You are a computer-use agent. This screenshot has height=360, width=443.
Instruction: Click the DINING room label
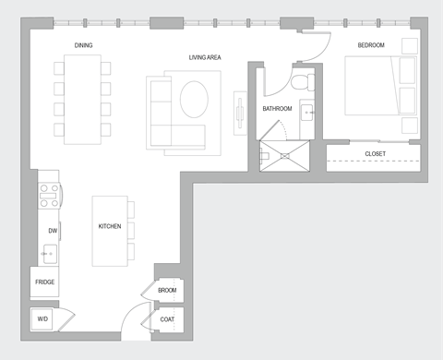(83, 44)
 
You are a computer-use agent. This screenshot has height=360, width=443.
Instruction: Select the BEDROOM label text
(371, 44)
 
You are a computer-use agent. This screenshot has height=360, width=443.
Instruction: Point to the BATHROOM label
(277, 109)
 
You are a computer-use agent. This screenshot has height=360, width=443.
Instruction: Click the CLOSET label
(375, 153)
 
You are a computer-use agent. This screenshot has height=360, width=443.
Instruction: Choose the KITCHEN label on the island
(110, 226)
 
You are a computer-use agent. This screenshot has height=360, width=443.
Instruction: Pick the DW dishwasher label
(53, 231)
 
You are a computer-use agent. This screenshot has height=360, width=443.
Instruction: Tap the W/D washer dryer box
(42, 319)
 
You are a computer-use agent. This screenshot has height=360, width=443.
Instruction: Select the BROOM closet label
(167, 291)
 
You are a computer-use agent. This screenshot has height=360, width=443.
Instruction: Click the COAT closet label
(167, 320)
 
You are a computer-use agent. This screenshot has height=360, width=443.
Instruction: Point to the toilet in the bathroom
(298, 83)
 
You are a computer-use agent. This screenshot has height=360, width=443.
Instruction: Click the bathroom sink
(308, 114)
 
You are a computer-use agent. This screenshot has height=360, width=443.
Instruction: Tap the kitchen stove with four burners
(48, 196)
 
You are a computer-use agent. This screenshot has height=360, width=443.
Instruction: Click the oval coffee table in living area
(195, 100)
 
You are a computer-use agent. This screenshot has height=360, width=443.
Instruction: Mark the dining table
(82, 99)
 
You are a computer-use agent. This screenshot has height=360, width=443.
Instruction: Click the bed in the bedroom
(378, 85)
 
